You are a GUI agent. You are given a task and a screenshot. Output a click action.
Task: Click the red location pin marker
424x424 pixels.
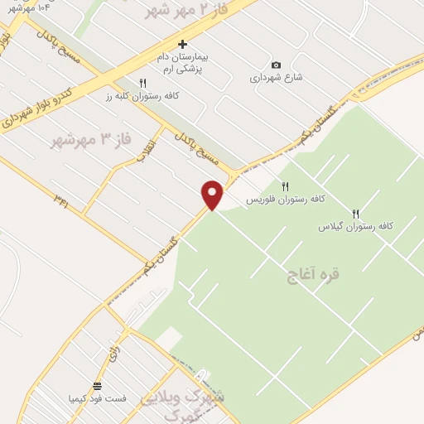[213, 195]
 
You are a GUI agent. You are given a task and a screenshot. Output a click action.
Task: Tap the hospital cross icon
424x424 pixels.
[183, 43]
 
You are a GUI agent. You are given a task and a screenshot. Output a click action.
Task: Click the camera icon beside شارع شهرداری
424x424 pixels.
[277, 65]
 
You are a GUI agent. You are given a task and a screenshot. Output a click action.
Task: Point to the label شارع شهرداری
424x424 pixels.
[277, 78]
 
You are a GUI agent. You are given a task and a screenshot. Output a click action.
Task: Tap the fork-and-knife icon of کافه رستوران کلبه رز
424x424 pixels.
[142, 83]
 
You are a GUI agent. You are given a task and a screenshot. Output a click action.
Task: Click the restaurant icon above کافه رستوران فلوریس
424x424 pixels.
[286, 186]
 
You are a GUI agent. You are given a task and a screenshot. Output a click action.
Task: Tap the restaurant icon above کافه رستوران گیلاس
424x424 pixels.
[356, 213]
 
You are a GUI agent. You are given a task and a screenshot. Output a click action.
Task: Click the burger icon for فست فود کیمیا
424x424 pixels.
[98, 386]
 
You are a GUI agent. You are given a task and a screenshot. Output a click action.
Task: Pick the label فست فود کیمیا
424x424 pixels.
[98, 398]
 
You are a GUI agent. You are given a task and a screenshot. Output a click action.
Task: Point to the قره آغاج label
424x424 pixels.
[313, 273]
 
